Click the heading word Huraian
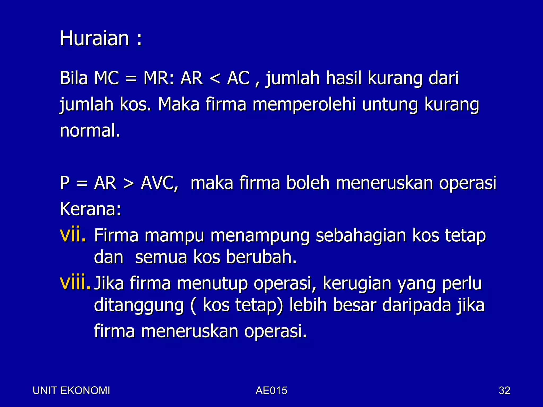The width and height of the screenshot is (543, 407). (94, 38)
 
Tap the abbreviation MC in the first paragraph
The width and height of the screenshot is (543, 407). (107, 78)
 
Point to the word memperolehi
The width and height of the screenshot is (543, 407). (304, 105)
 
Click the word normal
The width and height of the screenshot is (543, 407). (90, 131)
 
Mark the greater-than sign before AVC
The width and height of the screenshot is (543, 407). (129, 184)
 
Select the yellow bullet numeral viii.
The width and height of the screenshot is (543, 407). (75, 283)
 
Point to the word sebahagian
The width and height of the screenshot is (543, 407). (361, 236)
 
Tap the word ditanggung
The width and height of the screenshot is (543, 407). (139, 306)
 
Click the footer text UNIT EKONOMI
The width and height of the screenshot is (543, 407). (71, 391)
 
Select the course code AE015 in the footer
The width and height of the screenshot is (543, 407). (271, 391)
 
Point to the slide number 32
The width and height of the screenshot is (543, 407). (504, 391)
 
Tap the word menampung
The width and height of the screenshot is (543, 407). (260, 236)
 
